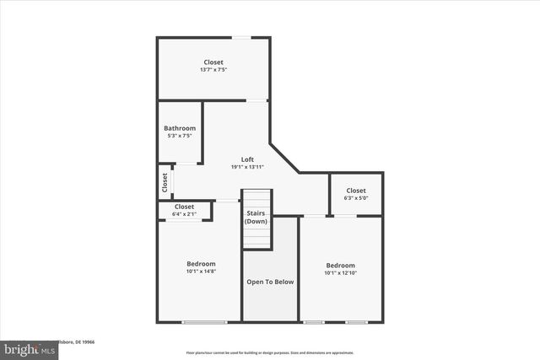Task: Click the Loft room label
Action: [x=247, y=159]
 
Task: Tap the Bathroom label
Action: [x=180, y=128]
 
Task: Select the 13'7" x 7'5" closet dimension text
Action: [x=213, y=69]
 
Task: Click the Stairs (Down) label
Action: [x=256, y=218]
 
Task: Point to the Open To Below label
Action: [x=270, y=282]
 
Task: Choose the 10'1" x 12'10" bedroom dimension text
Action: [x=340, y=272]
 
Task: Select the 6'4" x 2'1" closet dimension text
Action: [x=184, y=214]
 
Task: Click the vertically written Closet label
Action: [x=165, y=181]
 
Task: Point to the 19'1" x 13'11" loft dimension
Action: [x=247, y=167]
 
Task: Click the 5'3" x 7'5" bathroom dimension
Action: [x=180, y=136]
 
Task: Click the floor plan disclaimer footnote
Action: [x=270, y=352]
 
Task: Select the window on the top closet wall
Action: [x=241, y=37]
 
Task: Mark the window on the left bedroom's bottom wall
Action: [x=204, y=322]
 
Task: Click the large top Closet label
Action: [x=213, y=62]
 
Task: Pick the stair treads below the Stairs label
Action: [x=256, y=239]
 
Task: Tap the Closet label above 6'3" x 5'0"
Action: [x=355, y=190]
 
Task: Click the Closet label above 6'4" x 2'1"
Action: [x=184, y=207]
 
